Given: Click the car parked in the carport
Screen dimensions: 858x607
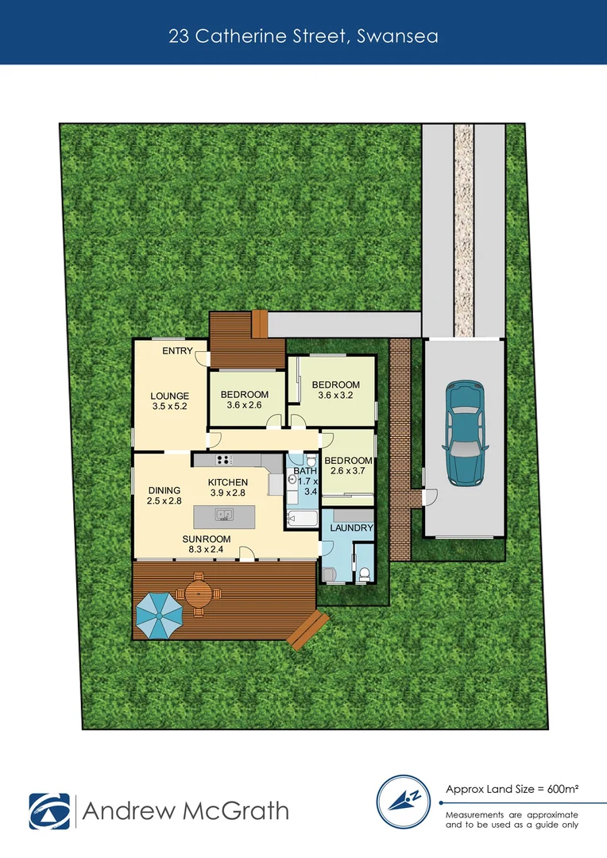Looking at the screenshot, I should [x=464, y=433].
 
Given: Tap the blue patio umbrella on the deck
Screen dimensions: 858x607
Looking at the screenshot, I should [x=159, y=613].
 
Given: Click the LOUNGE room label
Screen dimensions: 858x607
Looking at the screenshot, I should [x=170, y=396].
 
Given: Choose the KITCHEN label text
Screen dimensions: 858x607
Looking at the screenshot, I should [x=228, y=482].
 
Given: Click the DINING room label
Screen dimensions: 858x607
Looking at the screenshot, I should [x=164, y=490].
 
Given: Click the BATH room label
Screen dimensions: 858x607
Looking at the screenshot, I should [x=305, y=471].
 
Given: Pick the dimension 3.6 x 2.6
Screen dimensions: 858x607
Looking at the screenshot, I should [x=245, y=405].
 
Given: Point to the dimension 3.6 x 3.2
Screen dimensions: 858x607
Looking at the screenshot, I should [x=334, y=396].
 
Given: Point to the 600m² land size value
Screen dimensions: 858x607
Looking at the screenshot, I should [x=562, y=789].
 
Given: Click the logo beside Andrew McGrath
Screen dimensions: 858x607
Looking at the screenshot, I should [x=49, y=811].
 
